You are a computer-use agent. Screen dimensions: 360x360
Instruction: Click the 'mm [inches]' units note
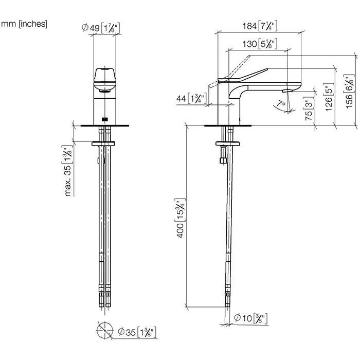24,24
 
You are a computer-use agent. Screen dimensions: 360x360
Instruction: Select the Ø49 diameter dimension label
101,28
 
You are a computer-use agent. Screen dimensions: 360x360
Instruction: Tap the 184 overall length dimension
260,26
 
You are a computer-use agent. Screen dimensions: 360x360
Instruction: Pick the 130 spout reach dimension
260,44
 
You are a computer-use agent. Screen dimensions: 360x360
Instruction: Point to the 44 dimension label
192,99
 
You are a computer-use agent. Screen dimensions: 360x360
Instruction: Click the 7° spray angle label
281,103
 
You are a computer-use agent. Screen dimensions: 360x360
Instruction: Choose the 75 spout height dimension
309,109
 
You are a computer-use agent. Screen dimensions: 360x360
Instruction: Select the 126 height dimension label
329,97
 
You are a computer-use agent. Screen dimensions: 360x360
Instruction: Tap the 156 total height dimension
349,92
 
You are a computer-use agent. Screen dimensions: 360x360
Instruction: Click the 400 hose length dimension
180,218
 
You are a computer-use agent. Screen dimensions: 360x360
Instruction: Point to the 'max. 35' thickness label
67,171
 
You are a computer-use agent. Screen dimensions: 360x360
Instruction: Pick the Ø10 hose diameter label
250,318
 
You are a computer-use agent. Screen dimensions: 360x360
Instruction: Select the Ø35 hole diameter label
137,332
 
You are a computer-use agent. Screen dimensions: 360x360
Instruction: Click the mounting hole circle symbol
105,330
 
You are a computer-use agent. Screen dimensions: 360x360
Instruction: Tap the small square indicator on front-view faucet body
105,119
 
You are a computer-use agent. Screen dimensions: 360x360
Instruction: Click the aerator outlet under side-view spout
285,91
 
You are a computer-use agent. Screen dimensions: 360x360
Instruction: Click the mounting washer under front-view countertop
103,143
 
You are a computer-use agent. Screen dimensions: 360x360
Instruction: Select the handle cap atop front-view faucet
105,75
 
